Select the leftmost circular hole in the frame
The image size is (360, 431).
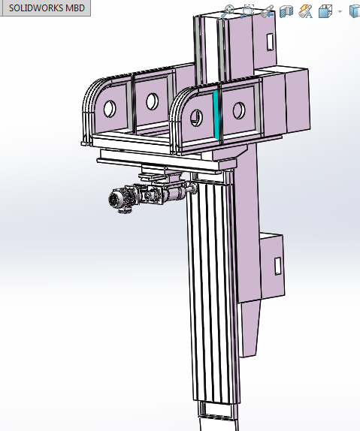(x=110, y=107)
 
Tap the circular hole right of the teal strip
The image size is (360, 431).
(x=239, y=110)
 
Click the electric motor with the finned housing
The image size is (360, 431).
(x=118, y=200)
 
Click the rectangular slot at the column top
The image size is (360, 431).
(x=268, y=41)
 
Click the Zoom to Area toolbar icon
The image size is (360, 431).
(x=247, y=11)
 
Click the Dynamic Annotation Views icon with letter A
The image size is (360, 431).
(x=305, y=11)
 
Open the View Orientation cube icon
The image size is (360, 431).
(x=325, y=11)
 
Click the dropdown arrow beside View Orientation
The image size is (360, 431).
(x=340, y=11)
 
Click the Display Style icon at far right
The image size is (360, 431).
(x=354, y=11)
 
